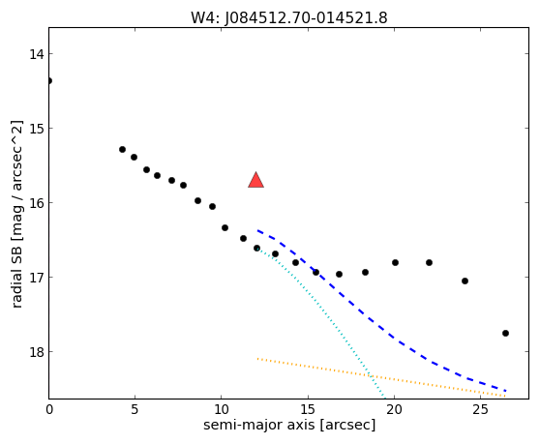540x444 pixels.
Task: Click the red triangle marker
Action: [255, 180]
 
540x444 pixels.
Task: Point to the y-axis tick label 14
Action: [37, 54]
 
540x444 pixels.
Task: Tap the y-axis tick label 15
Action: [37, 129]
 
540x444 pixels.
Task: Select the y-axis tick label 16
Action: [37, 203]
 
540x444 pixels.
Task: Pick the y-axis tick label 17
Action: [37, 277]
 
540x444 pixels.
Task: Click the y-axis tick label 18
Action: [37, 352]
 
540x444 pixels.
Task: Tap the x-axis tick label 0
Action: [49, 409]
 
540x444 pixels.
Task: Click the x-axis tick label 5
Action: [135, 409]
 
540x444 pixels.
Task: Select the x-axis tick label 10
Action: [222, 409]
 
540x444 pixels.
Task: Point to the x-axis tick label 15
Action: [308, 409]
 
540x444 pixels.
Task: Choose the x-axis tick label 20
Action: [394, 409]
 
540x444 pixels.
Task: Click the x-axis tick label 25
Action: [480, 409]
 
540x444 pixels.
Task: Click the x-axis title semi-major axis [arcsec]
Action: [289, 425]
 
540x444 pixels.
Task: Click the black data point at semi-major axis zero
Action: [49, 81]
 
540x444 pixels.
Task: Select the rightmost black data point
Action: [505, 333]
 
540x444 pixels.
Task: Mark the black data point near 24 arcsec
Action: [465, 281]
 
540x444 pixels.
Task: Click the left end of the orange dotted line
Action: [257, 359]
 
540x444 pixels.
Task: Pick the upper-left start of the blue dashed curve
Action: [257, 230]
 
